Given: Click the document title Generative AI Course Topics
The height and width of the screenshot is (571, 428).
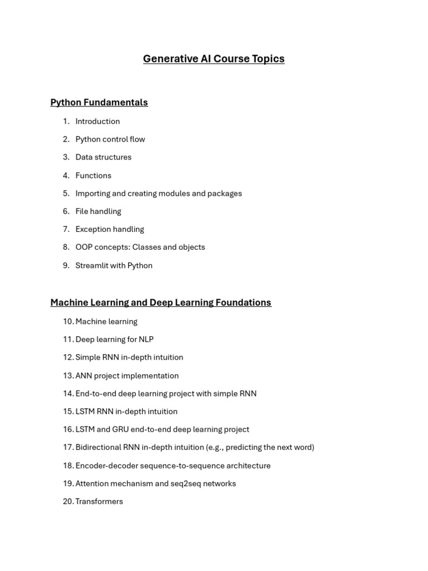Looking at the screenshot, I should (213, 59).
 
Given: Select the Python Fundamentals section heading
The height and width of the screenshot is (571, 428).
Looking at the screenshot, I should (99, 102).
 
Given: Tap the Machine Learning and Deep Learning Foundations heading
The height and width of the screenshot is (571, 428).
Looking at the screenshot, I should (160, 302).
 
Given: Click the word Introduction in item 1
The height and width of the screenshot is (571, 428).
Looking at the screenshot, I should (98, 121).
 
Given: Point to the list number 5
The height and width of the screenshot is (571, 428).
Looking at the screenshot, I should (66, 193).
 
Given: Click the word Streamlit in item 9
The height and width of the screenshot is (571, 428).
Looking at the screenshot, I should (91, 265).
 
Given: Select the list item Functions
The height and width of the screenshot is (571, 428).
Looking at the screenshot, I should (93, 176).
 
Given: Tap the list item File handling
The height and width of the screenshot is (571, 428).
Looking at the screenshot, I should (98, 211).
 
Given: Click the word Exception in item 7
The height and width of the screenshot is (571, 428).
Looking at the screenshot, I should (92, 229).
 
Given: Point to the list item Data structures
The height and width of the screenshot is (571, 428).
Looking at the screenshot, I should (103, 157).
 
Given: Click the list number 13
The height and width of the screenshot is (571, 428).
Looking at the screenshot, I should (68, 376).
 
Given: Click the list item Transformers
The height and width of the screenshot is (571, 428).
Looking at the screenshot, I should (99, 501).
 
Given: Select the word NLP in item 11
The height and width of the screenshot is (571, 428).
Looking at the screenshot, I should (146, 339).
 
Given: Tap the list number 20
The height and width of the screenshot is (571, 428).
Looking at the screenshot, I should (68, 501).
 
